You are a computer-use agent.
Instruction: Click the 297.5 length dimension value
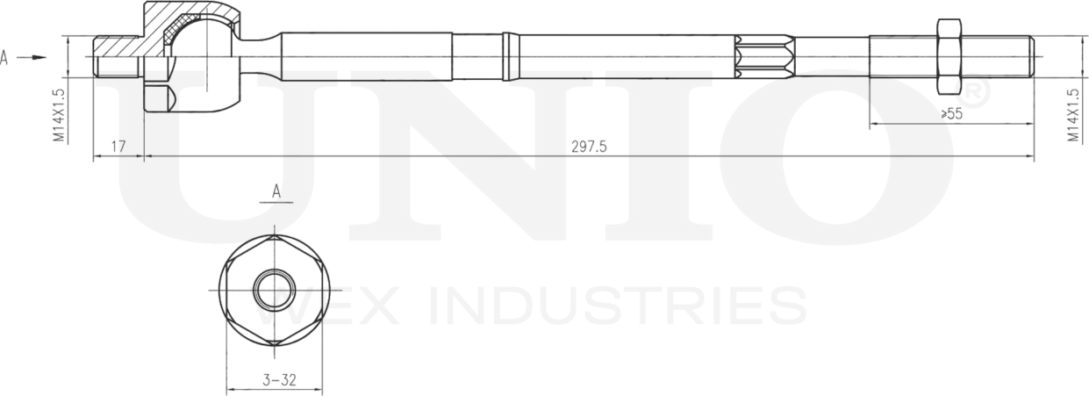point(589,147)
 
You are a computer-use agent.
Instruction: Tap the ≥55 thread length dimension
point(951,114)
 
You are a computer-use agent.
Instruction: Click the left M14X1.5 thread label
point(58,114)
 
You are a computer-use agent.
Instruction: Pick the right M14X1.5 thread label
point(1072,114)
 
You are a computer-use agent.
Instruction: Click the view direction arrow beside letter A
point(32,58)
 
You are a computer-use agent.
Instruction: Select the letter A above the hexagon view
point(276,191)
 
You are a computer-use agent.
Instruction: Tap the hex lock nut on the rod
point(949,57)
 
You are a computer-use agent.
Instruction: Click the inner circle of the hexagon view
point(275,288)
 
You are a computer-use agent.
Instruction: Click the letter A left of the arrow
point(5,58)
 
